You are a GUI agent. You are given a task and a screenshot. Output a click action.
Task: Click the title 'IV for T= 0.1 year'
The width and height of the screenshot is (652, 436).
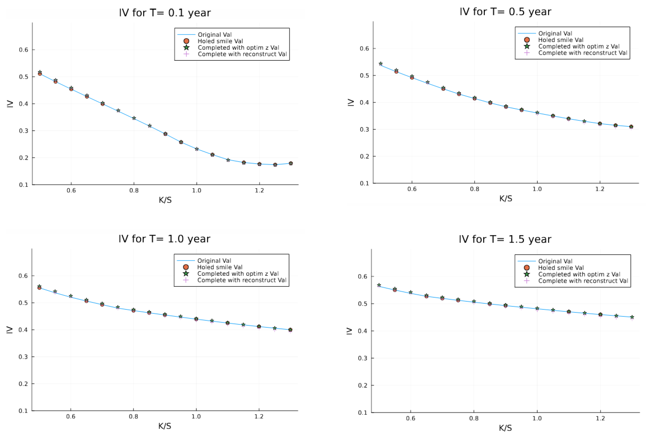tap(165, 13)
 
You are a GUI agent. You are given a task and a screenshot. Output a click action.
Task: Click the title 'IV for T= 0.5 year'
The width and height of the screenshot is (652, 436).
tap(505, 12)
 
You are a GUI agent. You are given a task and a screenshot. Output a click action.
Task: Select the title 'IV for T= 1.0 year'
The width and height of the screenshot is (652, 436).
tap(164, 239)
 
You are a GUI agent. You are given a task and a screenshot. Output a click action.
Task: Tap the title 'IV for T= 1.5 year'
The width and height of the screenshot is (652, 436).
tap(505, 239)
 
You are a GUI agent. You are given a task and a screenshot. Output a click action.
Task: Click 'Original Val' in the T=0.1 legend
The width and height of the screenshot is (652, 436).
tap(215, 34)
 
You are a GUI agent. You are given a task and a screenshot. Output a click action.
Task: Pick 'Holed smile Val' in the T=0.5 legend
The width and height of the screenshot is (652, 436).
tap(560, 40)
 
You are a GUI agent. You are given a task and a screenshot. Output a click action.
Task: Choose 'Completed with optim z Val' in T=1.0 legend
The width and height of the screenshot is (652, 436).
tap(238, 274)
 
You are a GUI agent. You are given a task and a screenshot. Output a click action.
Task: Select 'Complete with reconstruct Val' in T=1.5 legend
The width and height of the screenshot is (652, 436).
tap(583, 281)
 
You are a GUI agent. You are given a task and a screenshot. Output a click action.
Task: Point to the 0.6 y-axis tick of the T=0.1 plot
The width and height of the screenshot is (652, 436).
tap(24, 50)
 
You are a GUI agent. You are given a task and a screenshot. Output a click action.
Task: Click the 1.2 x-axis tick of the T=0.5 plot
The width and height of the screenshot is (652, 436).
tap(600, 189)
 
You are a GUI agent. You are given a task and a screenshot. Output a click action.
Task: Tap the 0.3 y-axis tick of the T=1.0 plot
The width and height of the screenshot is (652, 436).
tap(23, 357)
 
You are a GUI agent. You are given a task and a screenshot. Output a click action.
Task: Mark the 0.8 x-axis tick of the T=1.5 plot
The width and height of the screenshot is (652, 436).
tap(474, 419)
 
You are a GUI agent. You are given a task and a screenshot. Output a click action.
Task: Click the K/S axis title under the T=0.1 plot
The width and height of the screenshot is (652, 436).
tap(165, 200)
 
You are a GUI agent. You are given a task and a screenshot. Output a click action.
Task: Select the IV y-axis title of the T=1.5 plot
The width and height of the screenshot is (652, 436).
tap(349, 331)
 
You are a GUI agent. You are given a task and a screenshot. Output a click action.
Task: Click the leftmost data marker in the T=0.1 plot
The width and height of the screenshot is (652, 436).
tap(40, 73)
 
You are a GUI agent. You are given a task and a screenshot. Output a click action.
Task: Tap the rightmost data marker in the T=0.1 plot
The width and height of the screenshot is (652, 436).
tap(291, 164)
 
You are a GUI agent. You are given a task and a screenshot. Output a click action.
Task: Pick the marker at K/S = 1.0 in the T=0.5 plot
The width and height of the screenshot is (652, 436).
tap(537, 113)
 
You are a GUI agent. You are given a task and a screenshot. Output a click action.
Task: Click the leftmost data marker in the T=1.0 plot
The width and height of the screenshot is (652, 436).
tap(39, 287)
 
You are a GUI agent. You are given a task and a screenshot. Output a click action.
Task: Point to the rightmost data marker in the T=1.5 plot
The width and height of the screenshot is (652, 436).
tap(632, 317)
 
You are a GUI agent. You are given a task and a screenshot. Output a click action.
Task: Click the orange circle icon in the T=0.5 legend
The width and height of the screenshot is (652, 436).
tap(527, 40)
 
